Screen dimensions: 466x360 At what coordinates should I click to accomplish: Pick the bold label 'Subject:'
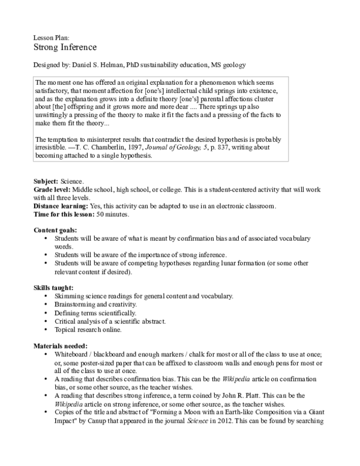46,181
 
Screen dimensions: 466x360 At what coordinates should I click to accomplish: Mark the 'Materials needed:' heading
60,346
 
